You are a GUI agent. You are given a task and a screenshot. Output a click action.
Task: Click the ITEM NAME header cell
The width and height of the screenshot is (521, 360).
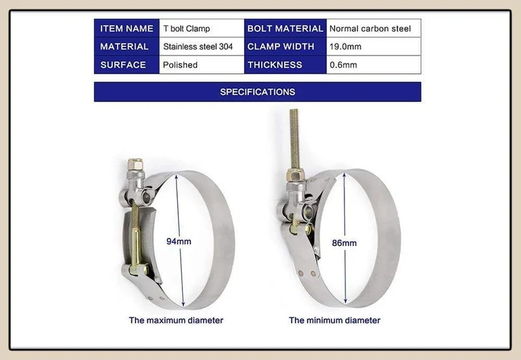coord(126,29)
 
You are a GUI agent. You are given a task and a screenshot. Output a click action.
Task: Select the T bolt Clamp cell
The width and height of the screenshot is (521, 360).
coord(202,29)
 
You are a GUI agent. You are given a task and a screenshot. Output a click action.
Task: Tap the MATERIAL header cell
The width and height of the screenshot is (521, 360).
coord(126,46)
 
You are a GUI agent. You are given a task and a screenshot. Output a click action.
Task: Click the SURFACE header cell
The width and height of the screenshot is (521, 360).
coord(126,64)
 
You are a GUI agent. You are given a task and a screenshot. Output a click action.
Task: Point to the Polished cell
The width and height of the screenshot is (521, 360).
coord(202,64)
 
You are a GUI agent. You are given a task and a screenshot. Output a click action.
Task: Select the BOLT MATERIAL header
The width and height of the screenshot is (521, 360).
coord(285,29)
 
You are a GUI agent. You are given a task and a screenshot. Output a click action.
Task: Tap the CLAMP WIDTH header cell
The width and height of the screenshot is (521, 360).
coord(285,46)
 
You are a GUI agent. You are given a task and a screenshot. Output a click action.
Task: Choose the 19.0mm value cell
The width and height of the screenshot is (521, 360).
coord(374,46)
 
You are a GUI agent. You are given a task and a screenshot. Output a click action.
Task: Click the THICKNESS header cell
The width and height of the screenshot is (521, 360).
coord(285,64)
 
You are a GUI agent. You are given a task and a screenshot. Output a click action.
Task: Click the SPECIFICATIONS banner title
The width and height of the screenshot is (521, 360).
coord(257,92)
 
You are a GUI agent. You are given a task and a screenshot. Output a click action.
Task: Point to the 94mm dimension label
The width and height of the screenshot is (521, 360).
coord(178,242)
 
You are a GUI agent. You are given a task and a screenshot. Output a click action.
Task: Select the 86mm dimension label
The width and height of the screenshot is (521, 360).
coord(345,243)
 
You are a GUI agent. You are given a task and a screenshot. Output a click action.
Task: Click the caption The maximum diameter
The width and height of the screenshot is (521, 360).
coord(176,320)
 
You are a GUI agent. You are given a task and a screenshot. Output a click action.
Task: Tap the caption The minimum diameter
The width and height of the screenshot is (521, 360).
coord(335,320)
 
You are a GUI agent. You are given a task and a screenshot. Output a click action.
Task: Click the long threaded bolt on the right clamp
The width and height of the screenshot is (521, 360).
coord(294,139)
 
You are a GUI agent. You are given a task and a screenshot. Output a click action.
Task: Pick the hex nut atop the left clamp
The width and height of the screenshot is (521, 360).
coord(136,164)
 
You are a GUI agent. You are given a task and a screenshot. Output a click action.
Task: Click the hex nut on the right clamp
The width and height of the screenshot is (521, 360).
coord(296,174)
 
